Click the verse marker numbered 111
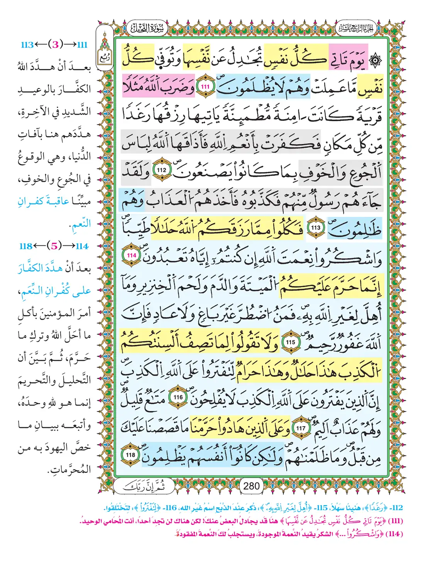point(205,87)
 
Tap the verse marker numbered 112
point(161,170)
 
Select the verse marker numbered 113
point(316,228)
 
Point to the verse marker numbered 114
point(132,256)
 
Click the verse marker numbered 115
point(290,342)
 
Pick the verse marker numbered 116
point(178,398)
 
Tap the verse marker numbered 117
point(301,428)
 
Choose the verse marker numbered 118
point(130,455)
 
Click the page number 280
point(251,486)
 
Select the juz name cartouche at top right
point(355,28)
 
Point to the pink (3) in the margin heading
point(56,44)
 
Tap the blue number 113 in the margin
point(27,45)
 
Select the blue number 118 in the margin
point(26,246)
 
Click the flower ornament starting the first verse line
point(375,61)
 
